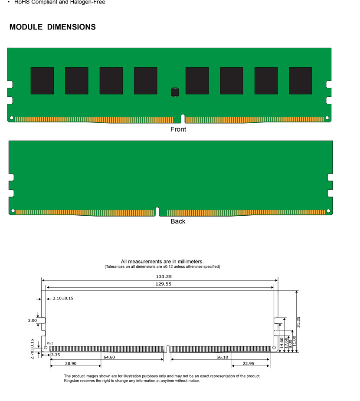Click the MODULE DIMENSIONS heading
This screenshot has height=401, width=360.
(52, 27)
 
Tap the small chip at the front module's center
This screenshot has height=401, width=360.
(175, 92)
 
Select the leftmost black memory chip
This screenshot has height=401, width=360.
(42, 81)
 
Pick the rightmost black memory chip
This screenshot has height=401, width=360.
(301, 81)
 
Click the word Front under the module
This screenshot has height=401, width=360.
(178, 129)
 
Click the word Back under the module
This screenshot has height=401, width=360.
(178, 221)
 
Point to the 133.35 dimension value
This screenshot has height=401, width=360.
(164, 276)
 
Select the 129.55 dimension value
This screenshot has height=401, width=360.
(164, 284)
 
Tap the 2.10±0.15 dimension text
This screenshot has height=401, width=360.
(63, 298)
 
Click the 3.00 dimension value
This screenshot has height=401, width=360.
(32, 320)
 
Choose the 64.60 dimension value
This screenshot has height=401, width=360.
(109, 357)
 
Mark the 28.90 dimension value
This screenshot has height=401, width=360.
(71, 363)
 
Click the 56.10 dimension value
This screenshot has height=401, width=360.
(222, 357)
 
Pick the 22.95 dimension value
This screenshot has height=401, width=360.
(249, 363)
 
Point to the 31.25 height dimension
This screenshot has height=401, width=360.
(298, 322)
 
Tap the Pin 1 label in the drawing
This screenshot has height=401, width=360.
(50, 343)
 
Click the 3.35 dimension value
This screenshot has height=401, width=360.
(56, 355)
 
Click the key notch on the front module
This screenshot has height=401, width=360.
(183, 118)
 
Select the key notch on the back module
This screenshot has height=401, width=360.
(157, 211)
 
